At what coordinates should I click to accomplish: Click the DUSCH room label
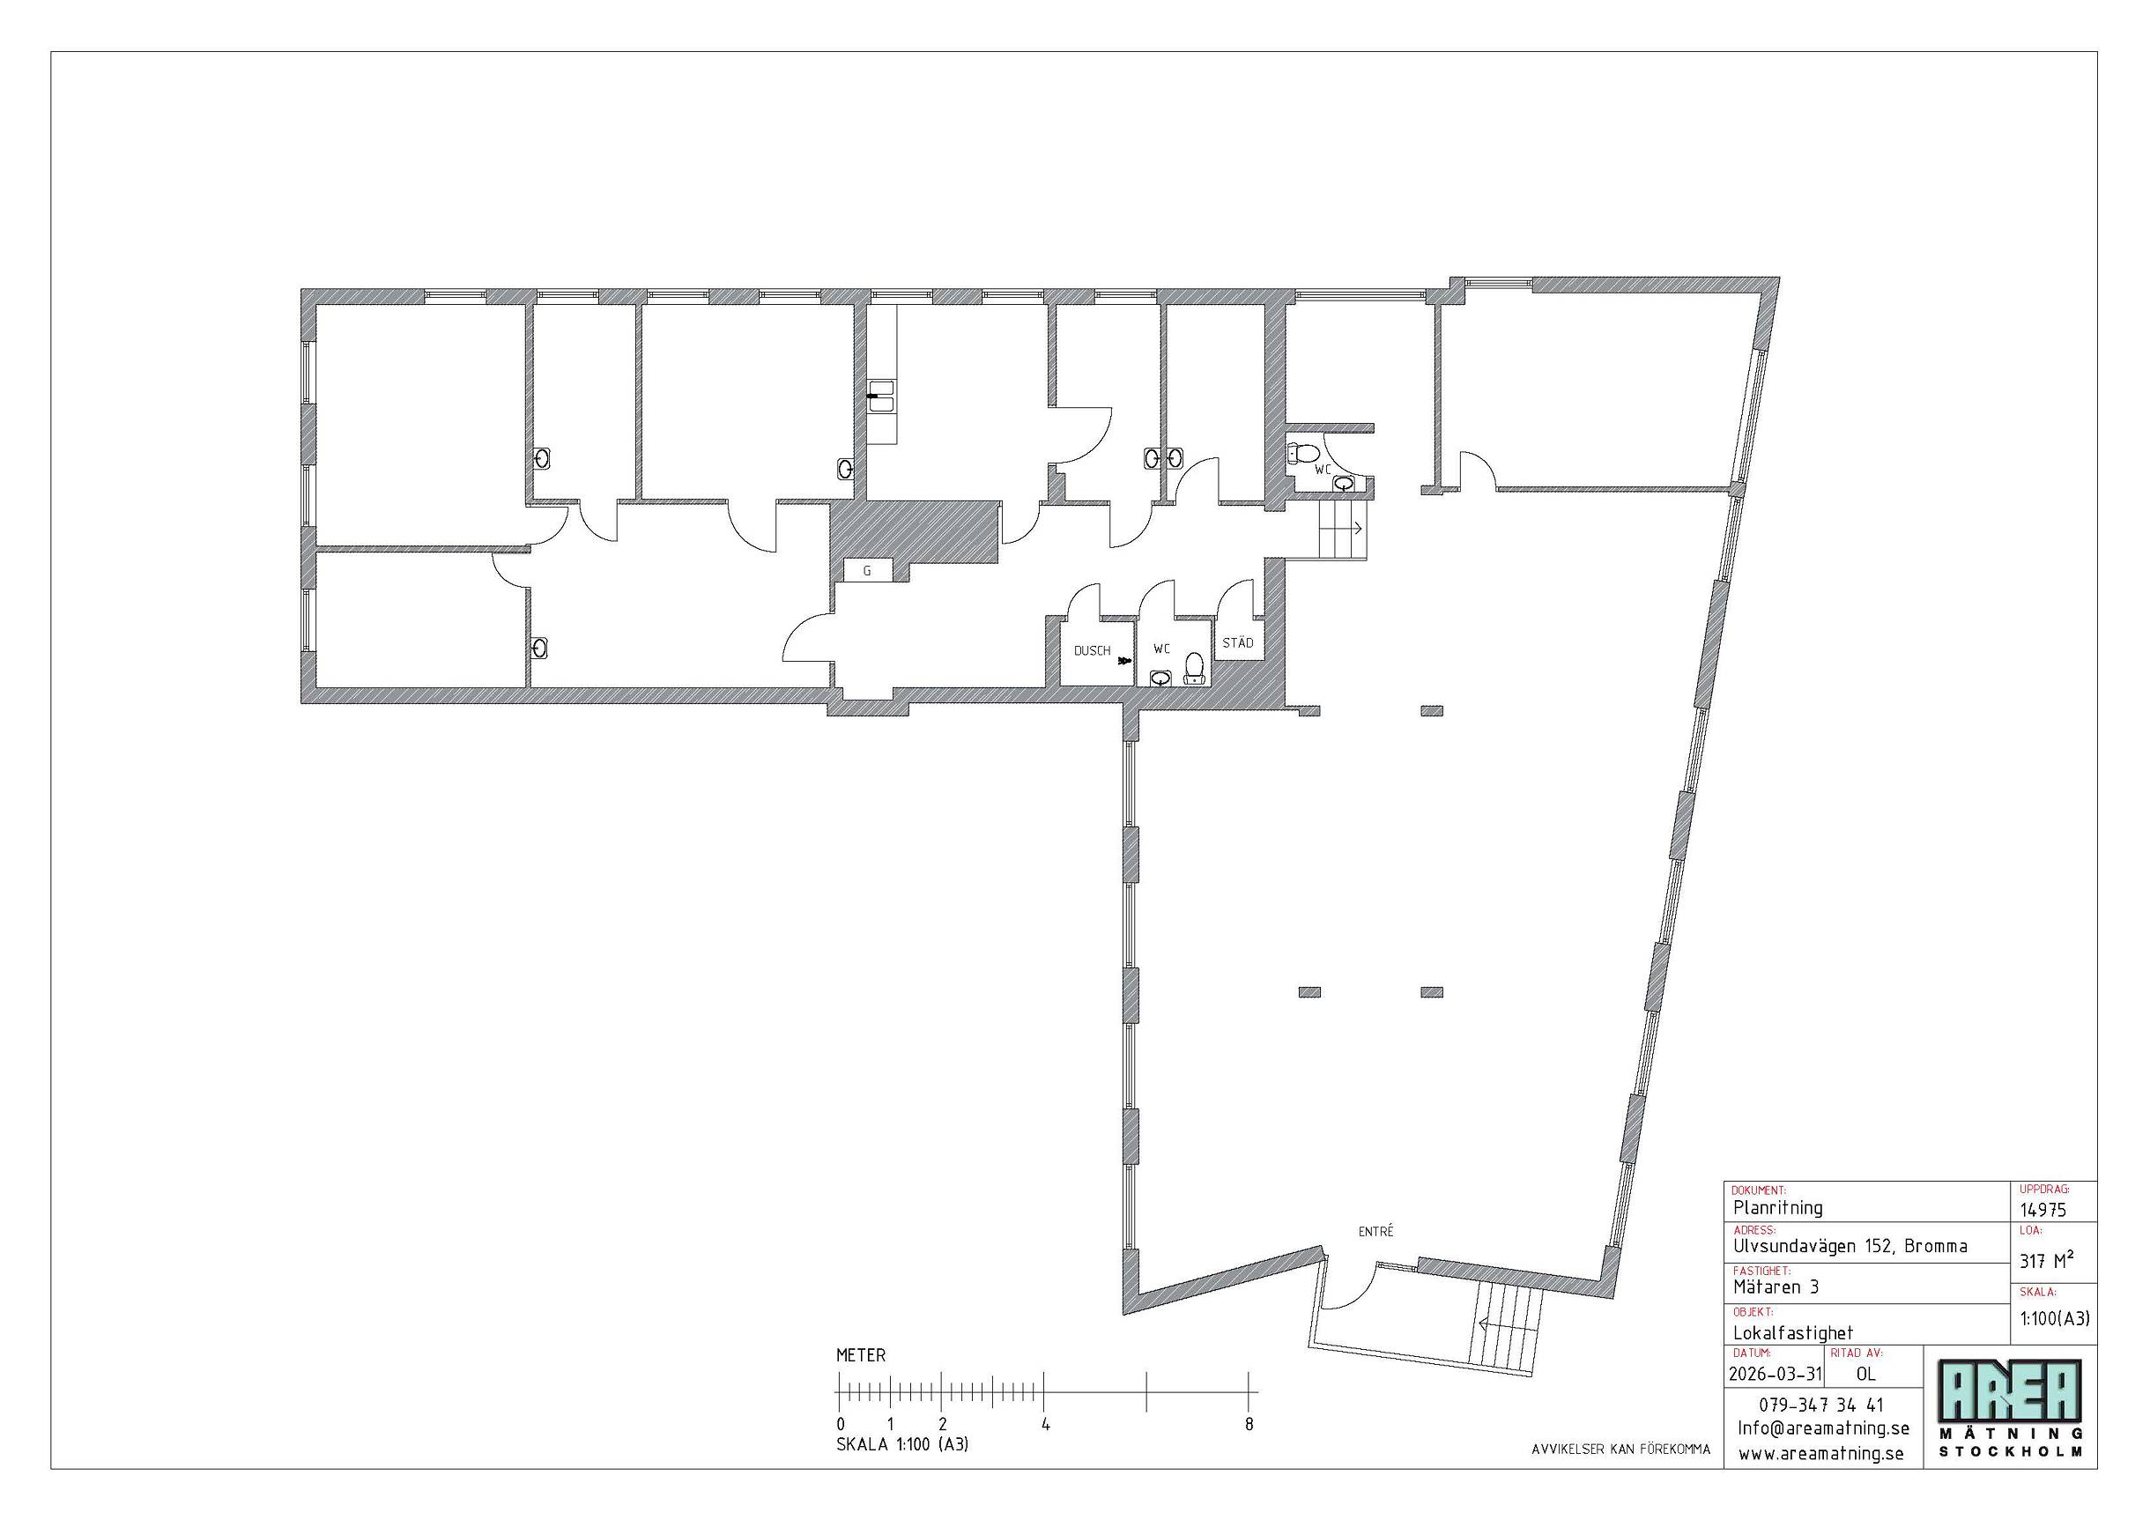1092,651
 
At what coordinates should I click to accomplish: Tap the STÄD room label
1238,643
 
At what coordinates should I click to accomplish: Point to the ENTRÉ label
1375,1232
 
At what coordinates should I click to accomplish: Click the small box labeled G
867,570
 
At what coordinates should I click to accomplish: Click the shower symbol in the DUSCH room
1124,661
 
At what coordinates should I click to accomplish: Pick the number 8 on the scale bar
1249,1425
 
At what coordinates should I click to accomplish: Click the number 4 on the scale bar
1045,1425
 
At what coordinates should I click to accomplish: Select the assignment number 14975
2042,1209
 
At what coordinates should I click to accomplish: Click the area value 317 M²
2046,1261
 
